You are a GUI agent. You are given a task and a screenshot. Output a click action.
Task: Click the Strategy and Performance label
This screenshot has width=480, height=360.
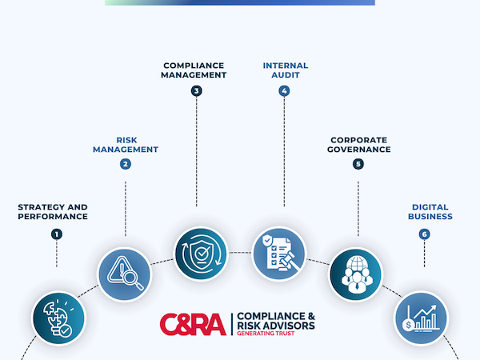pyautogui.click(x=53, y=211)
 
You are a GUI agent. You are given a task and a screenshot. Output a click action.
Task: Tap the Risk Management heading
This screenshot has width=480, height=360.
pyautogui.click(x=126, y=144)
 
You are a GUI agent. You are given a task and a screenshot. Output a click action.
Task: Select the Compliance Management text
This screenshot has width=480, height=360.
pyautogui.click(x=195, y=70)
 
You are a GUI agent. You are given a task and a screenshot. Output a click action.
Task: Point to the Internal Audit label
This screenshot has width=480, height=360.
pyautogui.click(x=284, y=70)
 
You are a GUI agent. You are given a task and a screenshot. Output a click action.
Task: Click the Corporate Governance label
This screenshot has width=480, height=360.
pyautogui.click(x=358, y=144)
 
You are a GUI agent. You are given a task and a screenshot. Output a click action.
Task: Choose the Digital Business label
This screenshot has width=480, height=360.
pyautogui.click(x=426, y=211)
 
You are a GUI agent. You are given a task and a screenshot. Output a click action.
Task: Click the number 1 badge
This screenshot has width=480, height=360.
pyautogui.click(x=57, y=234)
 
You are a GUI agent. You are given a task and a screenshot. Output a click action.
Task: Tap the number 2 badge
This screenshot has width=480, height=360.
pyautogui.click(x=126, y=165)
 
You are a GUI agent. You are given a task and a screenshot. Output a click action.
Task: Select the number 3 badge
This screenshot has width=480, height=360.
pyautogui.click(x=196, y=91)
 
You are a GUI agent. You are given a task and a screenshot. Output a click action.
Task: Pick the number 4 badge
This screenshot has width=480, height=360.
pyautogui.click(x=284, y=91)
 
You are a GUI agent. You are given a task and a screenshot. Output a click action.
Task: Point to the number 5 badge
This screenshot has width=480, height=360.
pyautogui.click(x=358, y=165)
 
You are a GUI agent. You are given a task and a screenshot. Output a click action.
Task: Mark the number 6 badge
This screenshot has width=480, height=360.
pyautogui.click(x=424, y=234)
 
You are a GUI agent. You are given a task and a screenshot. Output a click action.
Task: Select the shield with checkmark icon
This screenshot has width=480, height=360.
pyautogui.click(x=201, y=254)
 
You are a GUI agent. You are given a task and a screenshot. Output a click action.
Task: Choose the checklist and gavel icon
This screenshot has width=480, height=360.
pyautogui.click(x=278, y=254)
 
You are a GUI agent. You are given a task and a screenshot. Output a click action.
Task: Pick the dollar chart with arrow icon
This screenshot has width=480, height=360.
pyautogui.click(x=421, y=318)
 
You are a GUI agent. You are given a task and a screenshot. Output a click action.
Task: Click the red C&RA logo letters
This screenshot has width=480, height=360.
pyautogui.click(x=193, y=323)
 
